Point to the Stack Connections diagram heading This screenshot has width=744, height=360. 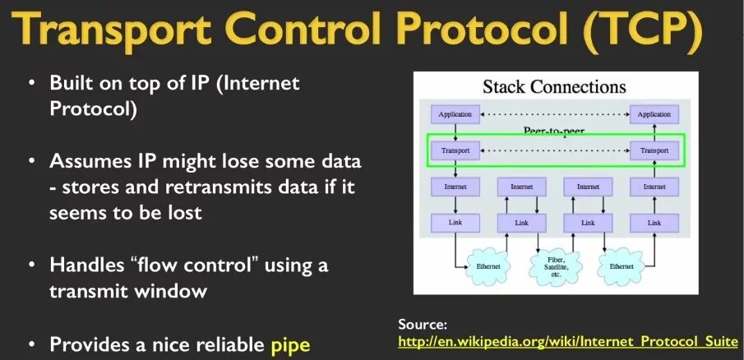coord(554,87)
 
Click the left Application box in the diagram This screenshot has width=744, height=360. coord(455,114)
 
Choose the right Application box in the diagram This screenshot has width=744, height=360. coord(654,114)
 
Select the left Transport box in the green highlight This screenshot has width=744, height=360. coord(455,151)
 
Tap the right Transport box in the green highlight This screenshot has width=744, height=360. coord(654,151)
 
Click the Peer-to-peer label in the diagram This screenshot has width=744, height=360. coord(554,131)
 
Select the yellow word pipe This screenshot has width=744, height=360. coord(290,344)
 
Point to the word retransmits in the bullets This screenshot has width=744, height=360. coord(215,187)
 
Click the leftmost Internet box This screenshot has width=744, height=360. coord(455,187)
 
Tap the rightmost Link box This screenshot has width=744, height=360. coord(654,223)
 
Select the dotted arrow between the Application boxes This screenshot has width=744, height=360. coord(554,114)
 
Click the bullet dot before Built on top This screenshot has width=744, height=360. coord(31,84)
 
